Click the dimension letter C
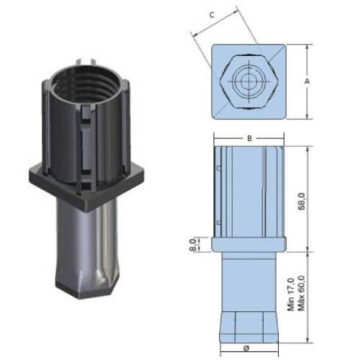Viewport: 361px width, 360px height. [211, 14]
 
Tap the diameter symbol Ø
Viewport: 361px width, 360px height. [246, 348]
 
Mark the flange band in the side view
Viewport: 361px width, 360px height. [248, 243]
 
